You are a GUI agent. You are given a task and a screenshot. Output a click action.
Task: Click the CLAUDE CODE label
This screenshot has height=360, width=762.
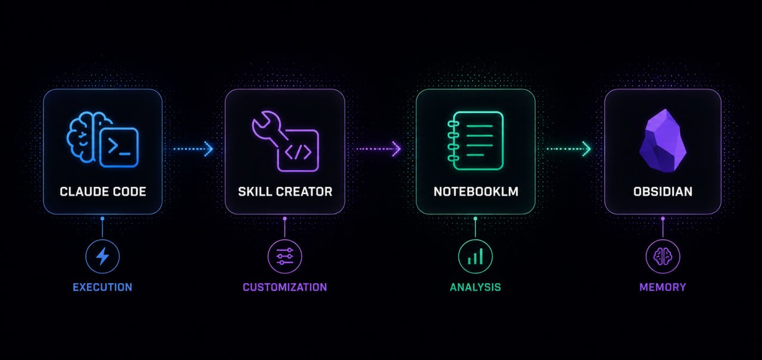[x=103, y=192]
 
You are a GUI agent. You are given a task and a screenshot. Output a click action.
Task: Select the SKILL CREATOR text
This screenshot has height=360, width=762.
[x=285, y=192]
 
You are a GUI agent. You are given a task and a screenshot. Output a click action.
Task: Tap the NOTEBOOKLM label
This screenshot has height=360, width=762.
[x=476, y=192]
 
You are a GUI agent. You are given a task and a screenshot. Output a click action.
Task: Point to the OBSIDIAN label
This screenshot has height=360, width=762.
[x=663, y=192]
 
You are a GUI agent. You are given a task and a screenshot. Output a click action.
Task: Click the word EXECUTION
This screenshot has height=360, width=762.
[x=102, y=287]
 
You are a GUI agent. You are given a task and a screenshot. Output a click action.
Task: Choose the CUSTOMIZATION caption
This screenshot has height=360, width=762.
[x=285, y=287]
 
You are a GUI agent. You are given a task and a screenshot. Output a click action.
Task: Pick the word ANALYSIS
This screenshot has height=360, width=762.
[x=475, y=287]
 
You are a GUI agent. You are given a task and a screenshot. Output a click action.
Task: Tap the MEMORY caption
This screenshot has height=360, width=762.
[x=663, y=287]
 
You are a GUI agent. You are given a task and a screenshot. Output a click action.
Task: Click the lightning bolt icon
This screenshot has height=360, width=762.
[x=102, y=256]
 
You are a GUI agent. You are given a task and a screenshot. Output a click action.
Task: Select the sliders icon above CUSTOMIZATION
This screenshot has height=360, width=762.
[x=285, y=256]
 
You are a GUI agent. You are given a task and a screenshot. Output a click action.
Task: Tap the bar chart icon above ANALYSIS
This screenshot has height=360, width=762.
[x=475, y=256]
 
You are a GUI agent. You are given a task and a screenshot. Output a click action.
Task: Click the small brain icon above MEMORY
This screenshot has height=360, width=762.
[x=663, y=256]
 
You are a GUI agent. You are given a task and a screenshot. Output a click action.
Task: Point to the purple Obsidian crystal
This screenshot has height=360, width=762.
[x=663, y=140]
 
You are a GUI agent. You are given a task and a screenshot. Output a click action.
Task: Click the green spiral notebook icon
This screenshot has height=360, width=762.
[x=475, y=140]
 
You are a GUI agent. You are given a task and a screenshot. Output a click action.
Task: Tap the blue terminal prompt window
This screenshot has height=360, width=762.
[x=119, y=147]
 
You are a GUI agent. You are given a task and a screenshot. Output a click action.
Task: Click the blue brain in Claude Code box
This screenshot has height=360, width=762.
[x=85, y=136]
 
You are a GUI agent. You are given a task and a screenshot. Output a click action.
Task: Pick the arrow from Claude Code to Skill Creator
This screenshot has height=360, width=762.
[x=193, y=149]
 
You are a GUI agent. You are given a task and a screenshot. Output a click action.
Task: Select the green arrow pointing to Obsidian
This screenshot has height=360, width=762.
[x=569, y=149]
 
